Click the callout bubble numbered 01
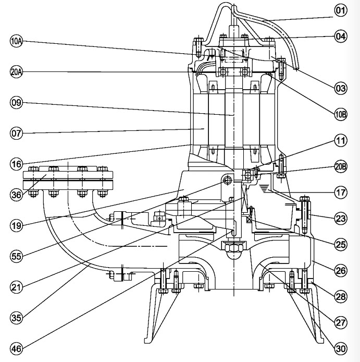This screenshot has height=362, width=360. point(341,9)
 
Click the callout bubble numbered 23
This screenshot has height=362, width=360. point(341,218)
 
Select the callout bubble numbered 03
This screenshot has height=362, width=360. point(341,88)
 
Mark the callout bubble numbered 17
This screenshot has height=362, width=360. point(341,192)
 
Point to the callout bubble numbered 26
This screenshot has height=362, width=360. point(341,270)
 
